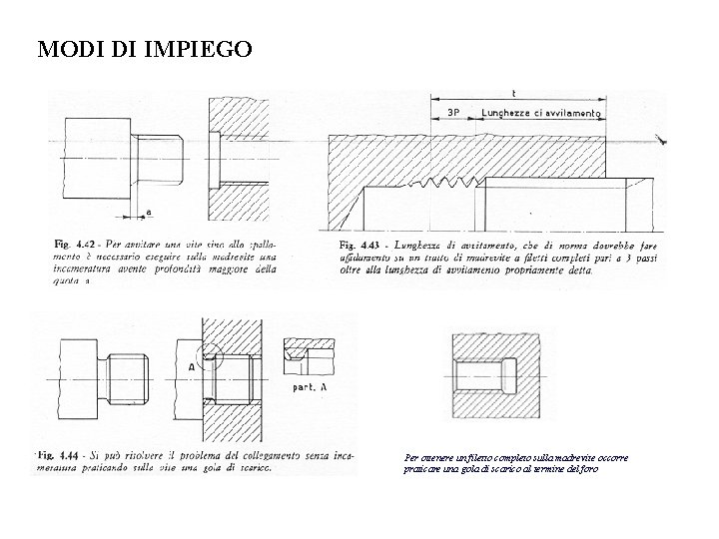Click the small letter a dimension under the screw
(x=149, y=212)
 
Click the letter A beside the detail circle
(x=191, y=366)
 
